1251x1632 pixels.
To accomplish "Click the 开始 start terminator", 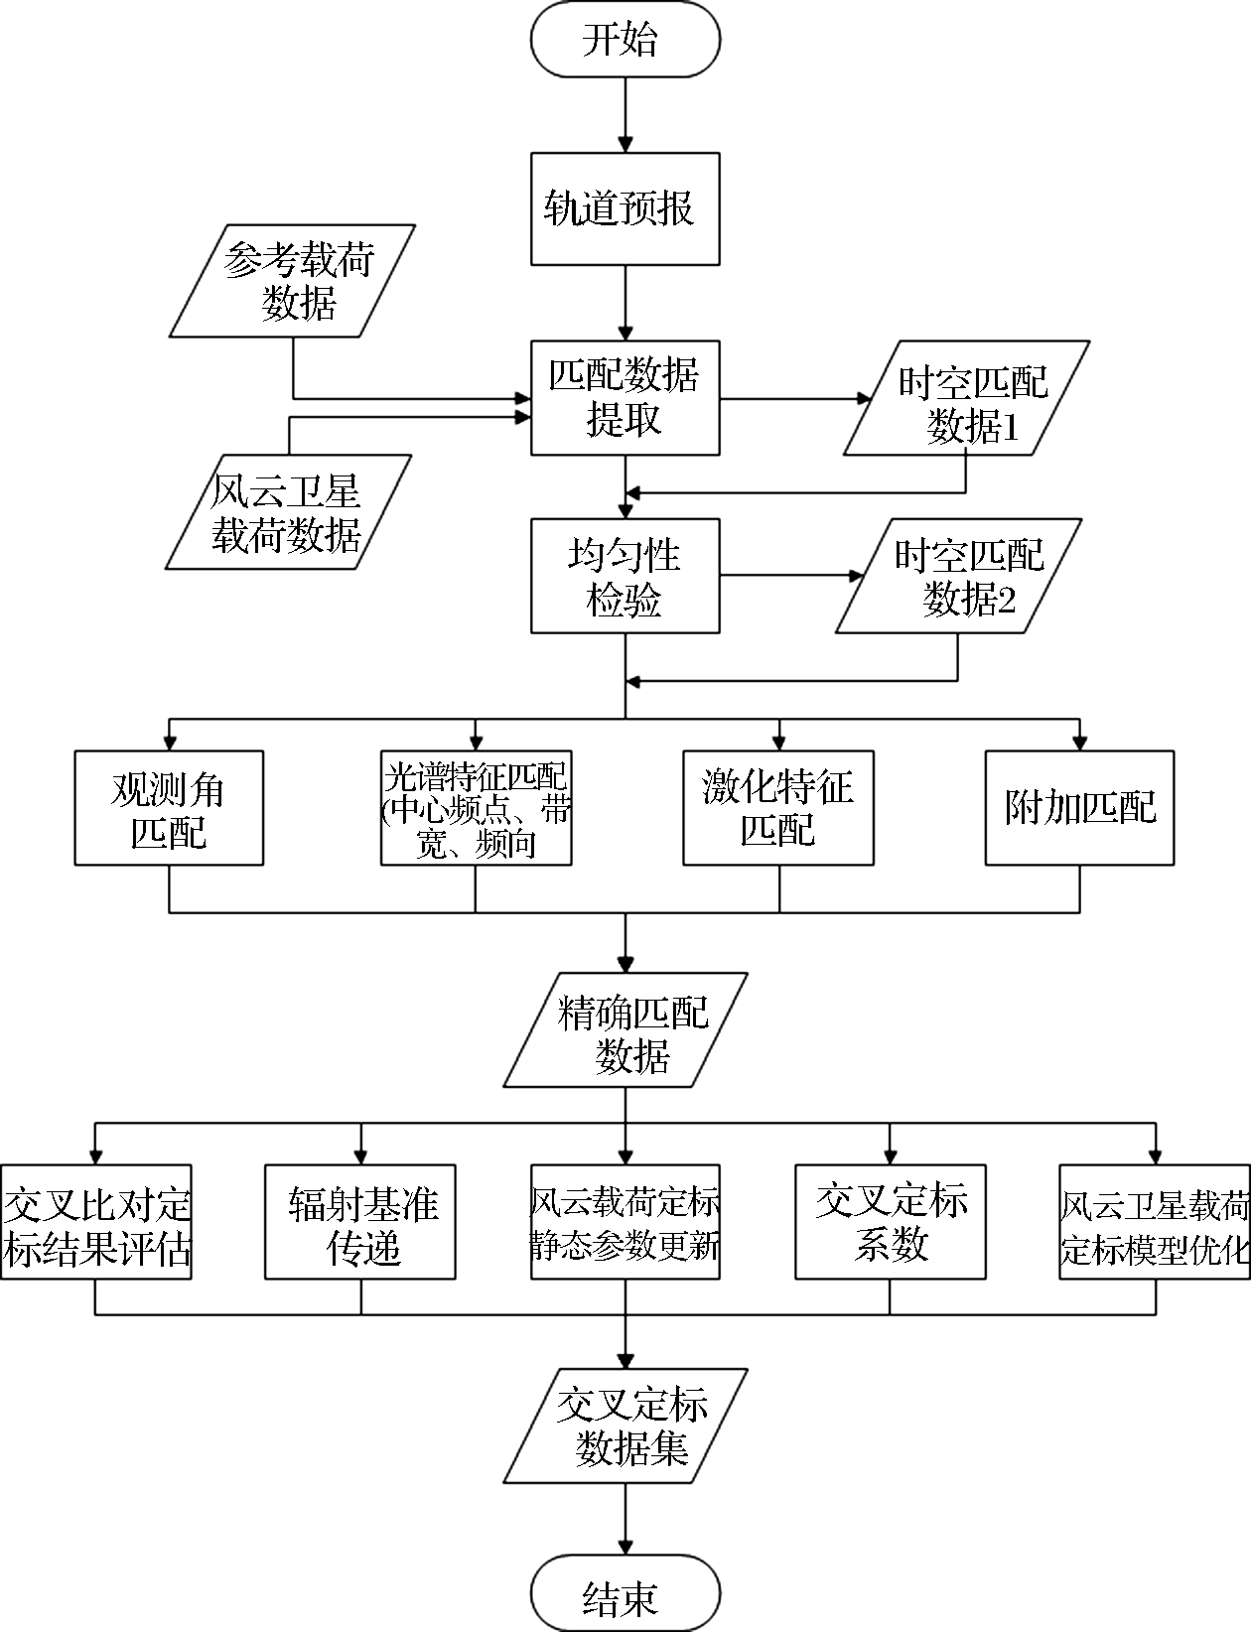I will [625, 40].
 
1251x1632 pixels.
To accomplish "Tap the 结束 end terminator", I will [625, 1595].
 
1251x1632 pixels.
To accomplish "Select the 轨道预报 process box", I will [625, 208].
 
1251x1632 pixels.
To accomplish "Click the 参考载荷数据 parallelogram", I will [294, 281].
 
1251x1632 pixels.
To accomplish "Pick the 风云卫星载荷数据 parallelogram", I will [288, 512].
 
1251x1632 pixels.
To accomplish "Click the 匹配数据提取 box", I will [625, 398].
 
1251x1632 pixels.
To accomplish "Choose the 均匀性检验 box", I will [625, 576].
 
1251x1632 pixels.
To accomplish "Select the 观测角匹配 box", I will [169, 808].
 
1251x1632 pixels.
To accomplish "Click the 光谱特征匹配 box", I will [476, 808].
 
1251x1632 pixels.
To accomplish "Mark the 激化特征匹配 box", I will [778, 808].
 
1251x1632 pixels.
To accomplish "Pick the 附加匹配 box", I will [1079, 808].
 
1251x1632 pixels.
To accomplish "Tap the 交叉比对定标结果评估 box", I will [96, 1222].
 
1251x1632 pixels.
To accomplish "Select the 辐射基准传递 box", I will [360, 1222].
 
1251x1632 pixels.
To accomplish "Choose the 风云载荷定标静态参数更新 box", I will [625, 1222].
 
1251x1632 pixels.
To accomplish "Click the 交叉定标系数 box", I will [891, 1222].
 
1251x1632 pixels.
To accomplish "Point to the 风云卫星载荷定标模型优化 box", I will [1154, 1222].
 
